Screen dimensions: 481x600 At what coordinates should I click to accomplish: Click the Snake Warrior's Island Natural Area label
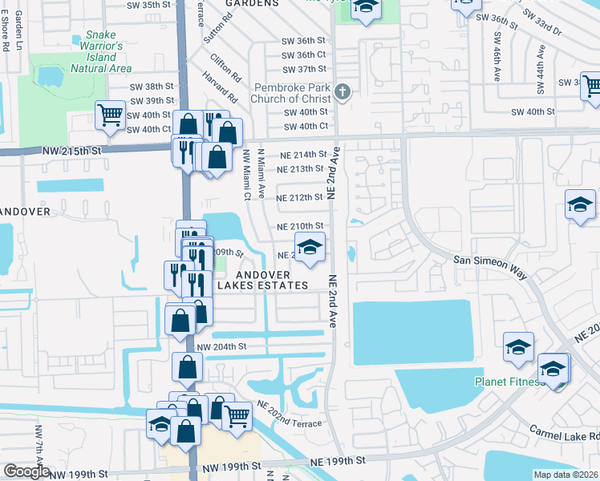click(101, 52)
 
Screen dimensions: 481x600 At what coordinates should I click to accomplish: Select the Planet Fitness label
click(510, 382)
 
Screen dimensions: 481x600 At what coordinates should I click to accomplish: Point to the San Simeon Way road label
click(490, 267)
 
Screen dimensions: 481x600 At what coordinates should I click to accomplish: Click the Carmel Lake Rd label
click(565, 433)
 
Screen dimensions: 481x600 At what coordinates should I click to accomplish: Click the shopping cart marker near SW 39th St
click(110, 115)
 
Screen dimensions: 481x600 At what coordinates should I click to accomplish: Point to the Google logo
click(26, 471)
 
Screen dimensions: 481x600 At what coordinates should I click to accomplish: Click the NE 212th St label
click(299, 197)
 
